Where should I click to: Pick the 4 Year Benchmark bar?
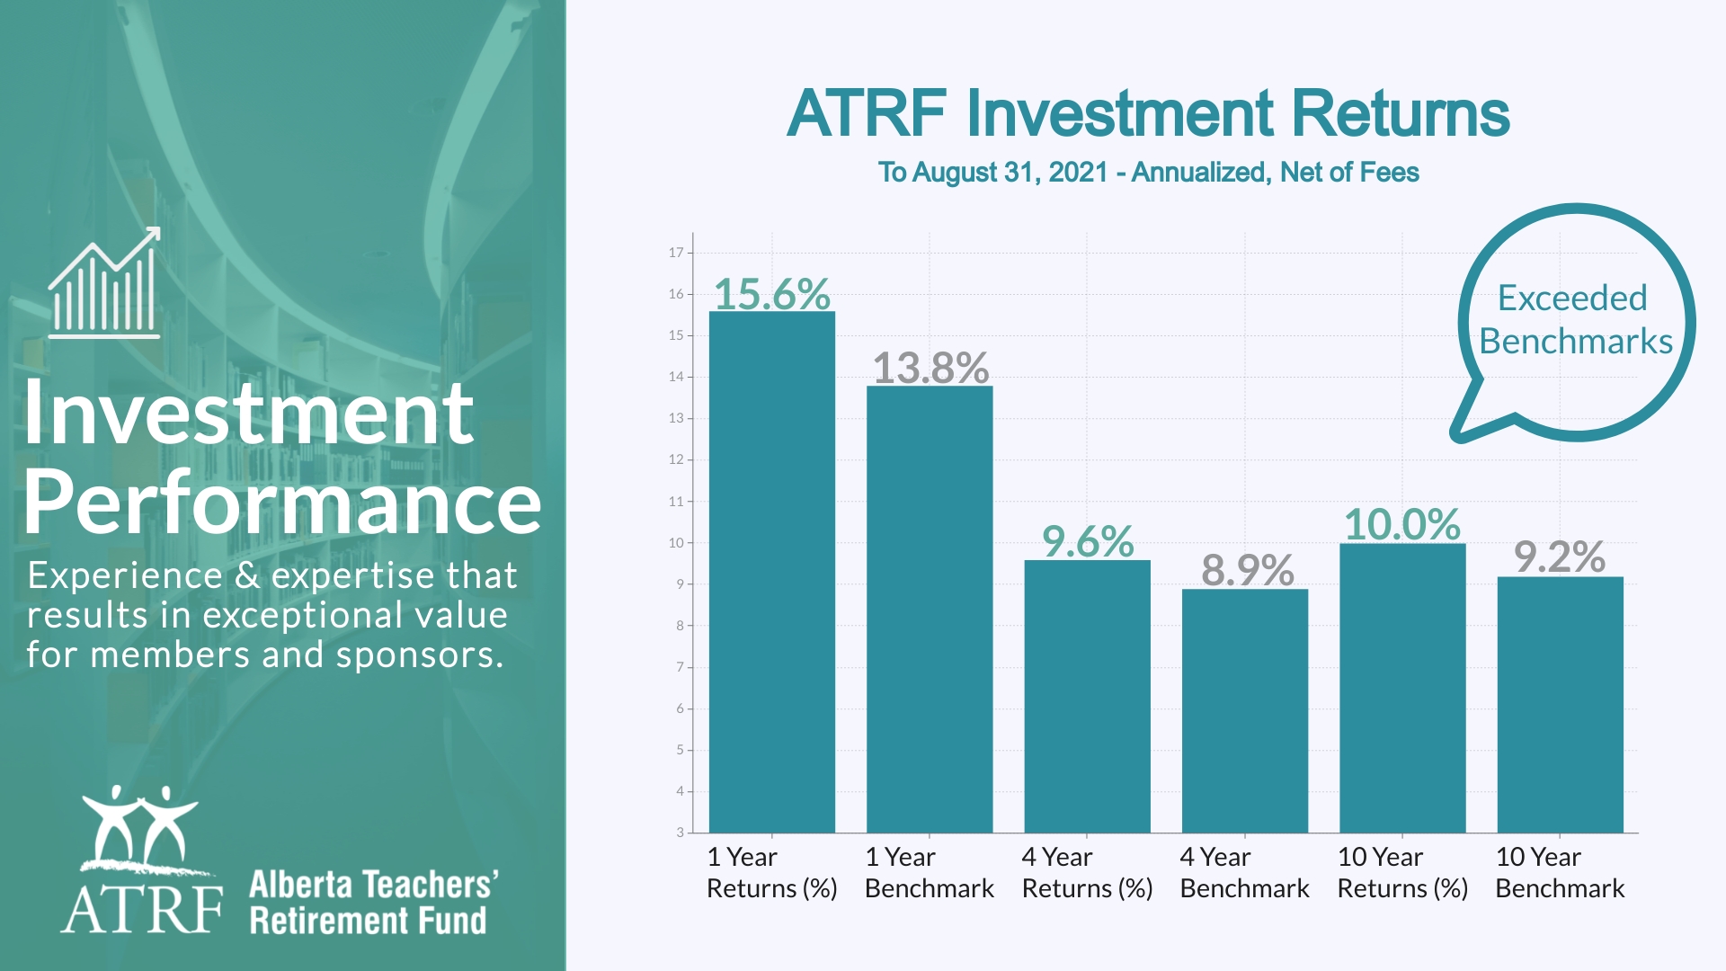(x=1244, y=710)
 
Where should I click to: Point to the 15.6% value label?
(x=771, y=294)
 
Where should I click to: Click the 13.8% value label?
(x=930, y=368)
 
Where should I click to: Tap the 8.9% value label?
(x=1247, y=570)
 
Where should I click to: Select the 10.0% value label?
(x=1402, y=525)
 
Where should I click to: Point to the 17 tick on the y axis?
(x=676, y=253)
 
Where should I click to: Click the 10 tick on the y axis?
(x=676, y=543)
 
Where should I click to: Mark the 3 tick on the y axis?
(x=680, y=833)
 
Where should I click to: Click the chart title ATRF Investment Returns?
(x=1148, y=114)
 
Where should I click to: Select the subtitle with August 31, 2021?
(x=1148, y=173)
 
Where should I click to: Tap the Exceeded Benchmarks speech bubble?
(x=1575, y=321)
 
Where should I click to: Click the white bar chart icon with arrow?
(x=104, y=283)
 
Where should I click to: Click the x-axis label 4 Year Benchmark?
(x=1244, y=872)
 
